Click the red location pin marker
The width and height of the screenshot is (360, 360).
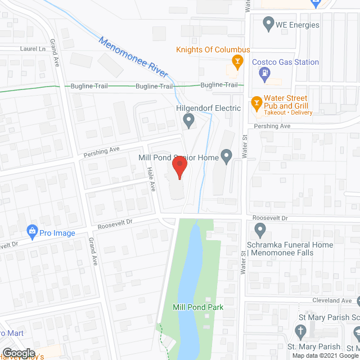pos(179,168)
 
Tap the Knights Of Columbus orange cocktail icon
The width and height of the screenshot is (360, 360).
pos(238,60)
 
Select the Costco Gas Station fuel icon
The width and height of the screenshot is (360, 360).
pos(263,73)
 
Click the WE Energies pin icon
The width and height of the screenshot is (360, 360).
pos(268,25)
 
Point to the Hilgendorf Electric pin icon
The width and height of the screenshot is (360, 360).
pos(189,119)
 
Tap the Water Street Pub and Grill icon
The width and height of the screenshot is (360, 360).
pos(256,102)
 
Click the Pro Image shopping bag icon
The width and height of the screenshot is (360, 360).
pos(33,231)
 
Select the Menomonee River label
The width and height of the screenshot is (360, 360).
pos(133,57)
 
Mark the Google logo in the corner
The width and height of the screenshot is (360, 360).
pos(19,353)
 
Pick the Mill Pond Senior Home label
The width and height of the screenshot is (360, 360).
pos(178,158)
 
